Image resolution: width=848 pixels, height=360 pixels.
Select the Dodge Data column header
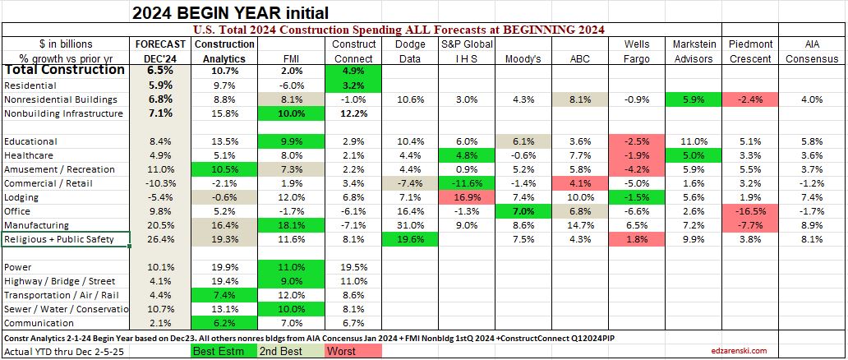410,50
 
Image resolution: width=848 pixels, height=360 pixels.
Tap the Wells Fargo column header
637,50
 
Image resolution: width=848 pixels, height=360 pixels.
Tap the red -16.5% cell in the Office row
753,212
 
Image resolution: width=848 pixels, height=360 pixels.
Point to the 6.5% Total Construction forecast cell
160,71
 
